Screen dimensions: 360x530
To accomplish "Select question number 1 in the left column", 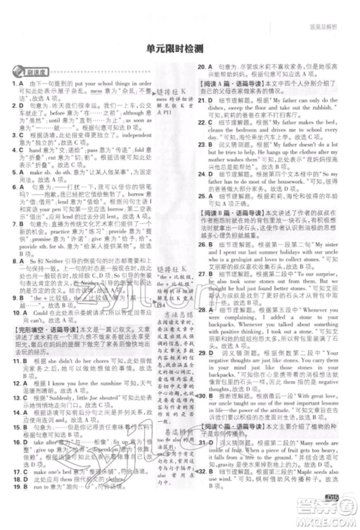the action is pos(15,85).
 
